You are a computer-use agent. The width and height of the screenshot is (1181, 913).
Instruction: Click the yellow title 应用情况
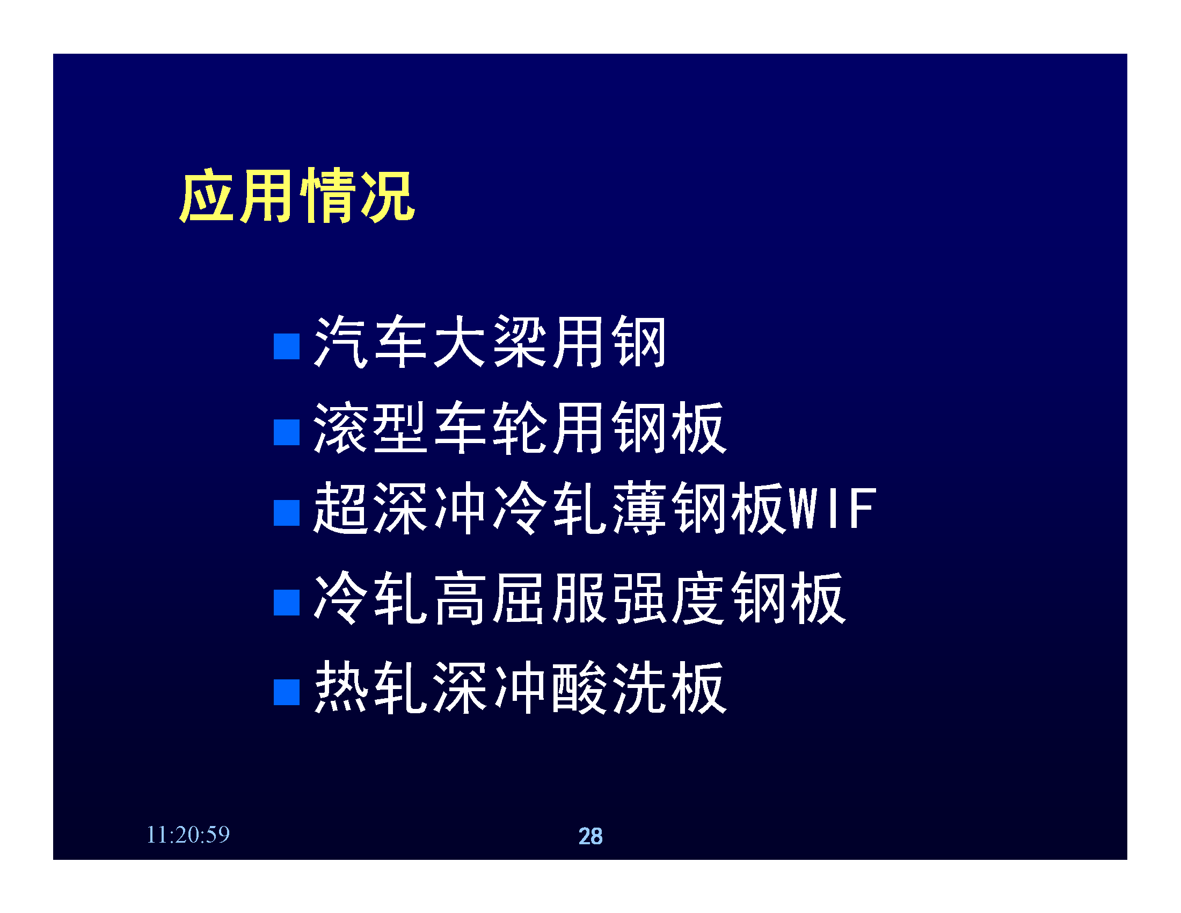[297, 195]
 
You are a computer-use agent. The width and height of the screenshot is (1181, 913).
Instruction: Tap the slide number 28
[590, 836]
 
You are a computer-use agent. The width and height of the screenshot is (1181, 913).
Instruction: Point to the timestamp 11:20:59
[188, 835]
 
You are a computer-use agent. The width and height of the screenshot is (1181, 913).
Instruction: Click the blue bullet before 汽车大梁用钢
[287, 346]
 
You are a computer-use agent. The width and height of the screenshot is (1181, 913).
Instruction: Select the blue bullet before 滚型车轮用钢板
[287, 432]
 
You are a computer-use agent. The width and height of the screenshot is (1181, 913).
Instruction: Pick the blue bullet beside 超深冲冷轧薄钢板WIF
[287, 513]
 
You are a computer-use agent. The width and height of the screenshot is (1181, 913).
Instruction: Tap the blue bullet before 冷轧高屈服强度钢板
[287, 603]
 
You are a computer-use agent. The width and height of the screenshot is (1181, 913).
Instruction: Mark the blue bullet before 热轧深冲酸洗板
[287, 692]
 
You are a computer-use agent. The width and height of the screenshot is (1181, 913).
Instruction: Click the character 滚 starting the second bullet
[340, 427]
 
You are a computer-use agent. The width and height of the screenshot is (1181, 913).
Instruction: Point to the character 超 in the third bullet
[340, 509]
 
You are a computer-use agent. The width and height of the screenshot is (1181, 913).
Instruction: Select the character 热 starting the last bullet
[340, 687]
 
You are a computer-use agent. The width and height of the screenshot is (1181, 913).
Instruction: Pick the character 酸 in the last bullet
[579, 687]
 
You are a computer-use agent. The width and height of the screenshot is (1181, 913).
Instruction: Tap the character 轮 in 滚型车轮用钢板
[518, 427]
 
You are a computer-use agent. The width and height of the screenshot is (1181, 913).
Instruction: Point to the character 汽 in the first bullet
[340, 342]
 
